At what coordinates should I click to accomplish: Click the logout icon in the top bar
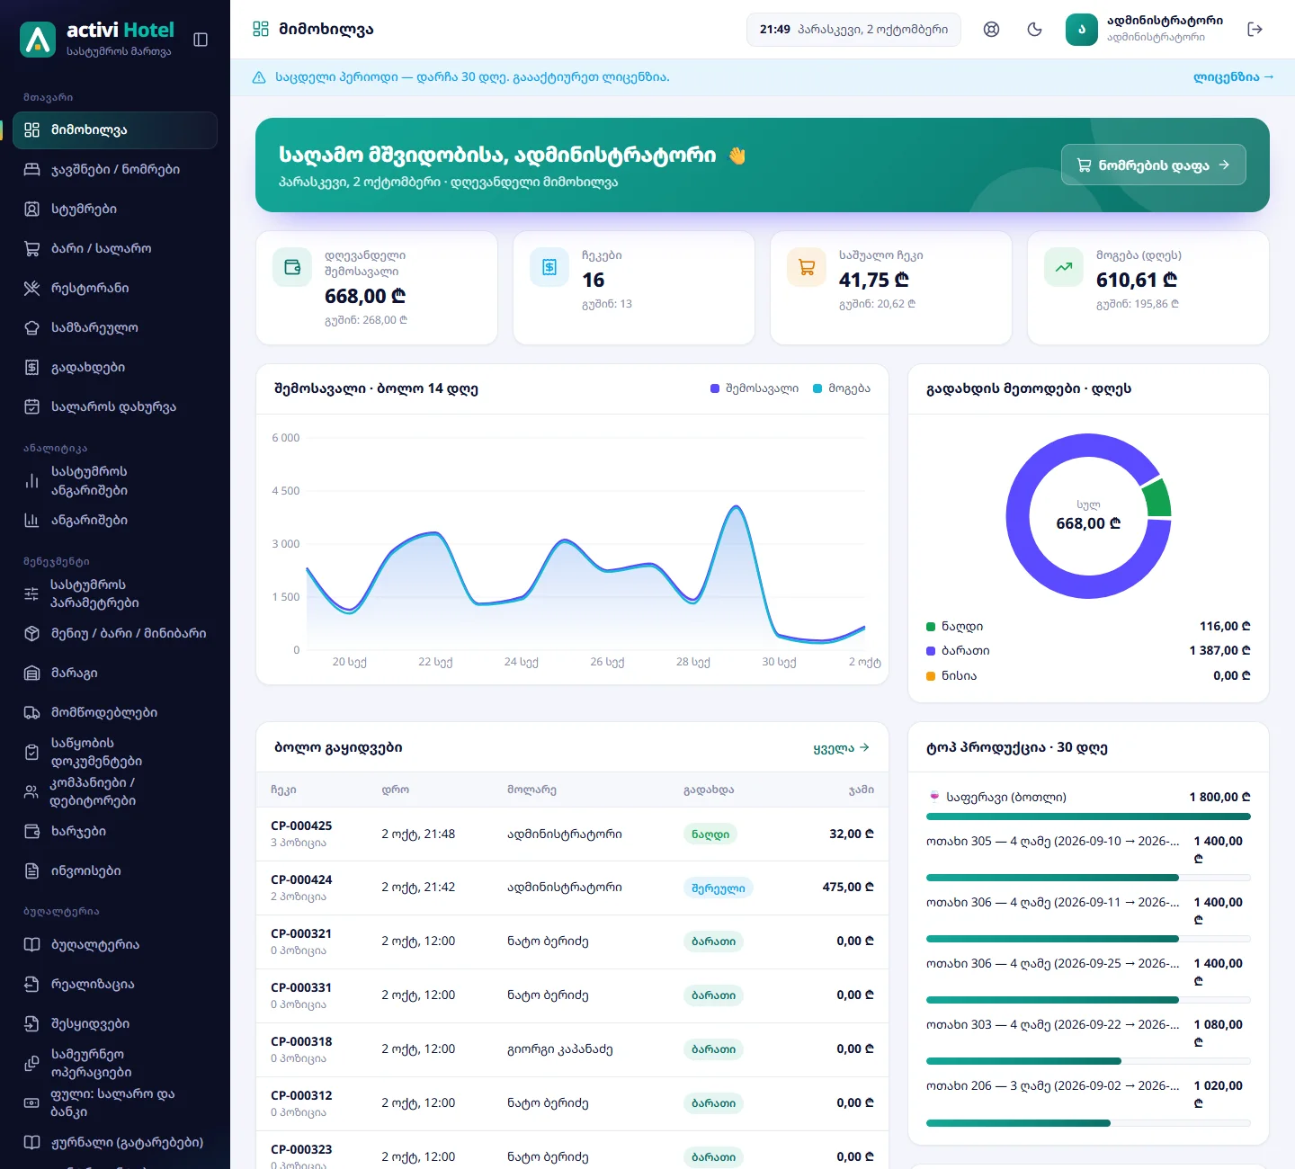coord(1255,29)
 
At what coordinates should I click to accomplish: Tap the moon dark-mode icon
coord(1034,29)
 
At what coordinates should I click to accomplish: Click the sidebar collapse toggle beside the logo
coord(201,40)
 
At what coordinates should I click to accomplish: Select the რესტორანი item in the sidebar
coord(90,288)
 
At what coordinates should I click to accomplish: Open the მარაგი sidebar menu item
coord(75,673)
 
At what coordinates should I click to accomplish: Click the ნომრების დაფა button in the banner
coord(1153,165)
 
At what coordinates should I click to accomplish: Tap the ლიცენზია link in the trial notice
coord(1233,76)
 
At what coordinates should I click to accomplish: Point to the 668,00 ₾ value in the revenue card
coord(365,296)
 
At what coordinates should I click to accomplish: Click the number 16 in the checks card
coord(594,280)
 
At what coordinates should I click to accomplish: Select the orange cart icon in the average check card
coord(807,266)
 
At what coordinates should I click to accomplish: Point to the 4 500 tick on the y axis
coord(286,491)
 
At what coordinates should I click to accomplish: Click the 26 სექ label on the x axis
coord(607,662)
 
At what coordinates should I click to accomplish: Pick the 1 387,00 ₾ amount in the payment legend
coord(1219,650)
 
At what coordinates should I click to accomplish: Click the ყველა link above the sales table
coord(841,747)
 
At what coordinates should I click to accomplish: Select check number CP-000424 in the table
coord(301,879)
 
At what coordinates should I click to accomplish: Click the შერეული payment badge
coord(718,888)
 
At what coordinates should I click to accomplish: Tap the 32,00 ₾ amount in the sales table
coord(852,834)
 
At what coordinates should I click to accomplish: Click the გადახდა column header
coord(709,790)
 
